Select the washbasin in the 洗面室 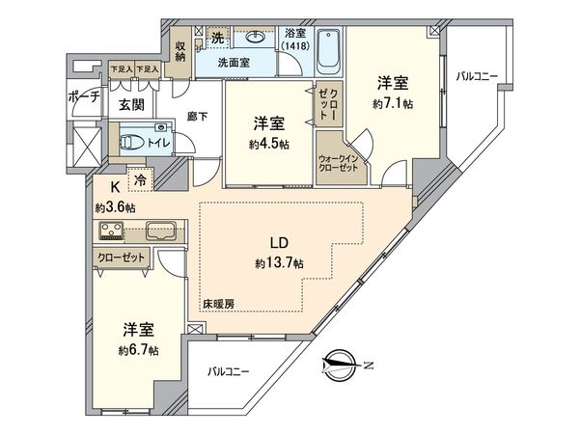click(x=256, y=40)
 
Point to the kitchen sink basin click(x=159, y=231)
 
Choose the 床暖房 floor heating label click(x=218, y=304)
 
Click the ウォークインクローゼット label click(x=337, y=158)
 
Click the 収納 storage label click(x=180, y=49)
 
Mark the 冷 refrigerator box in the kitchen click(x=142, y=180)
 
